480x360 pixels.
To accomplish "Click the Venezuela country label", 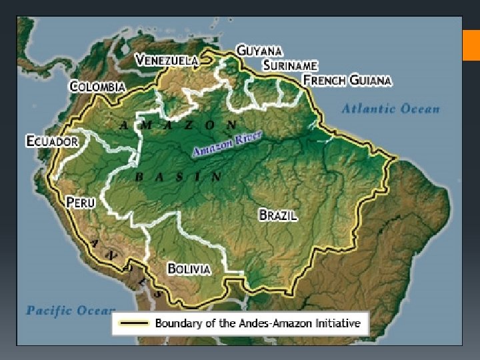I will click(167, 60).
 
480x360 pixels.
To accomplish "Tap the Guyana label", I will click(259, 51).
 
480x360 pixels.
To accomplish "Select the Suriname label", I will click(290, 65).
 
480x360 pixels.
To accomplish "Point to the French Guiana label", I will click(347, 80).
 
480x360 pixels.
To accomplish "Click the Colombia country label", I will click(97, 87).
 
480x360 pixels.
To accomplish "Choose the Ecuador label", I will click(52, 141).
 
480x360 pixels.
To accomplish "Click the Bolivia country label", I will click(189, 269).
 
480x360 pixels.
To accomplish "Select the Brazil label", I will click(278, 215).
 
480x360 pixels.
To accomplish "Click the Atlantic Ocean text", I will click(391, 109).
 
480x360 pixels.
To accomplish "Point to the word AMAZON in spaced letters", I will click(177, 125).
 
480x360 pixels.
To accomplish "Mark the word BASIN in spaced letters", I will click(178, 177).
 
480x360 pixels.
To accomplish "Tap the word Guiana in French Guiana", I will click(370, 80).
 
